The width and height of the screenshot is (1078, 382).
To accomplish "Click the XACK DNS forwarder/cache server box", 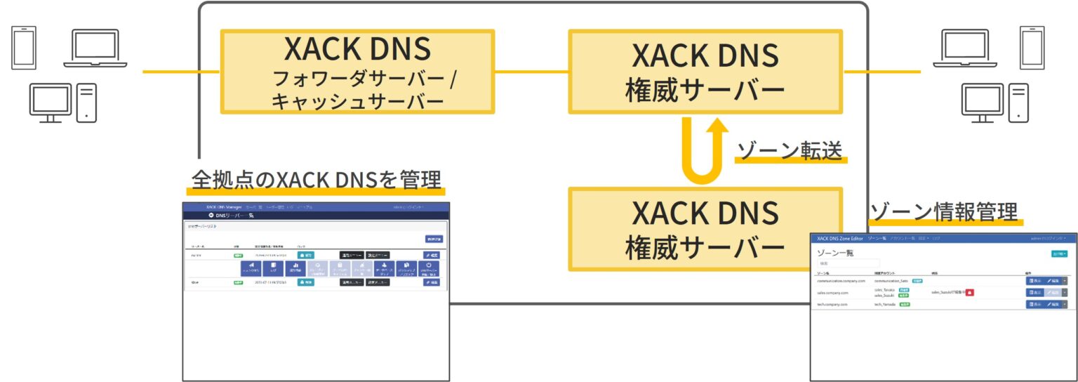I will pyautogui.click(x=357, y=72).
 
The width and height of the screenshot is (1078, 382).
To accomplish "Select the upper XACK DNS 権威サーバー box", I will pyautogui.click(x=704, y=72).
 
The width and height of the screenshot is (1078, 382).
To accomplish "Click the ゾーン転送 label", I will pyautogui.click(x=790, y=150).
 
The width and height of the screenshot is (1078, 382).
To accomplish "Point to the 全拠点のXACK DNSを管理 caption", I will pyautogui.click(x=317, y=179).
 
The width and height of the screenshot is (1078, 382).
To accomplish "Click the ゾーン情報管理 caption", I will pyautogui.click(x=943, y=211).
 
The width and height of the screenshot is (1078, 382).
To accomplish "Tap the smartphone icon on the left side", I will pyautogui.click(x=23, y=48).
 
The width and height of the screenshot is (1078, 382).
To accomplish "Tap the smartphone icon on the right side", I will pyautogui.click(x=1032, y=48).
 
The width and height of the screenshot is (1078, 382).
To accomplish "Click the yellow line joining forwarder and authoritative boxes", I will pyautogui.click(x=531, y=72).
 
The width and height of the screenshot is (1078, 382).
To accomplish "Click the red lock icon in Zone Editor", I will pyautogui.click(x=969, y=292).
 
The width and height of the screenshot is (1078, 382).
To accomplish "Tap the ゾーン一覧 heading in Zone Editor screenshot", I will pyautogui.click(x=837, y=251).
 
